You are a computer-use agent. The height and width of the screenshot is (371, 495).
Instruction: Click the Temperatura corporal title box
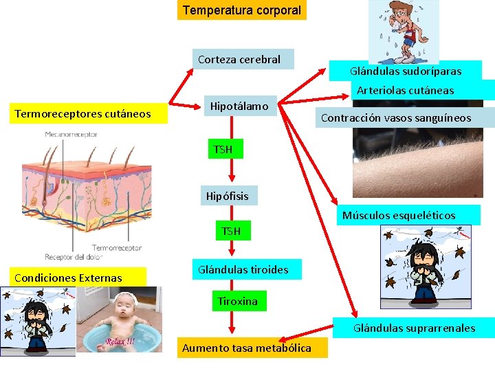[x=242, y=10]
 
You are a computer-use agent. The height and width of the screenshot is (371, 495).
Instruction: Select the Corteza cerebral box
[x=239, y=59]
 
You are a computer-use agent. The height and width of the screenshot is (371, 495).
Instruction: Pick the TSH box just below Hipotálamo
[x=223, y=149]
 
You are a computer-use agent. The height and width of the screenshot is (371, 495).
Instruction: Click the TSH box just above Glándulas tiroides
[x=231, y=231]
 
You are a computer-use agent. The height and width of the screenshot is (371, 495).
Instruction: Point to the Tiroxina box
[x=237, y=302]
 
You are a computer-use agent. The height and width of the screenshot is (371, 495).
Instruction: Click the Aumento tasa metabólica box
[x=246, y=348]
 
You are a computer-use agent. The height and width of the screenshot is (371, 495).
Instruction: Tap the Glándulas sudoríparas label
[x=406, y=71]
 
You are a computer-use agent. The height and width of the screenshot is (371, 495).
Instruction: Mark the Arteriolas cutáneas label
[x=405, y=90]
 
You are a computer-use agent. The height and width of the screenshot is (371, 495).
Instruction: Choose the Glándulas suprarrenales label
[x=414, y=328]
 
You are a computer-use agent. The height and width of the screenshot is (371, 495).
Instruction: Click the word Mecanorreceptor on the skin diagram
[x=71, y=135]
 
